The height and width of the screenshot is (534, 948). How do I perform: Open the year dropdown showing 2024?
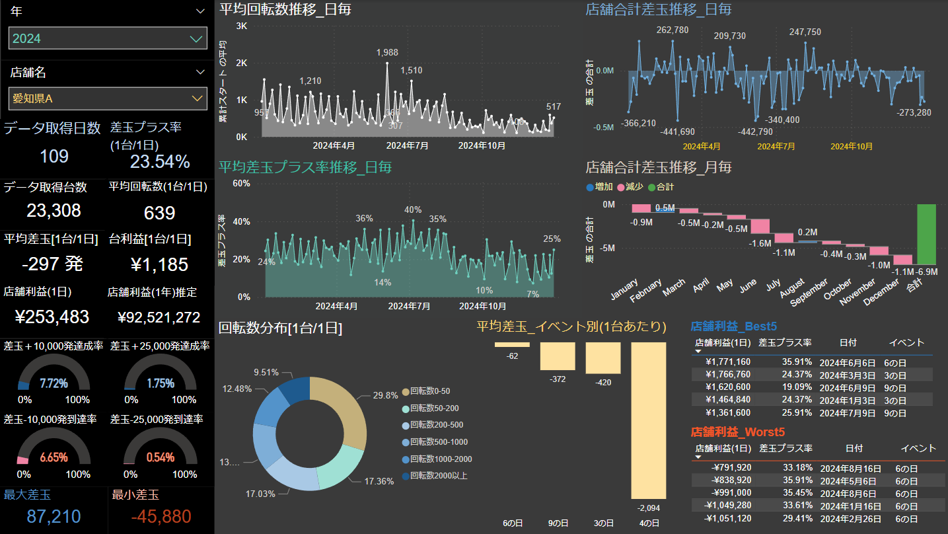(x=108, y=38)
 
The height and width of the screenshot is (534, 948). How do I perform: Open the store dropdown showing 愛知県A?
(x=108, y=98)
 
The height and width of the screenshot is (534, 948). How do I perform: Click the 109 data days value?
(x=54, y=157)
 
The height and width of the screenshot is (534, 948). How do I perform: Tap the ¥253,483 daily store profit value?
(x=52, y=317)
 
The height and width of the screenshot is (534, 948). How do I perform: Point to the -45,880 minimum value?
(x=161, y=517)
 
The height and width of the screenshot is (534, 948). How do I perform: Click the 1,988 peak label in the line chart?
(x=387, y=53)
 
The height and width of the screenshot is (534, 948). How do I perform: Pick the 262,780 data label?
(x=673, y=30)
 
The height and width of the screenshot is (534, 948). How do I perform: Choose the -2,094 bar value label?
(x=649, y=507)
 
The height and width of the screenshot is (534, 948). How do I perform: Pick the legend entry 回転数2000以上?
(x=439, y=476)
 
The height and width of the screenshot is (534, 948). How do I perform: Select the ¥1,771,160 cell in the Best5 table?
(x=728, y=362)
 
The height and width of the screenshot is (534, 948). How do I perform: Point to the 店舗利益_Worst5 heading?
(x=737, y=432)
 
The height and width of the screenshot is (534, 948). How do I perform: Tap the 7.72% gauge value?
(x=54, y=383)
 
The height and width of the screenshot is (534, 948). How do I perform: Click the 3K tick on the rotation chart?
(x=242, y=26)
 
